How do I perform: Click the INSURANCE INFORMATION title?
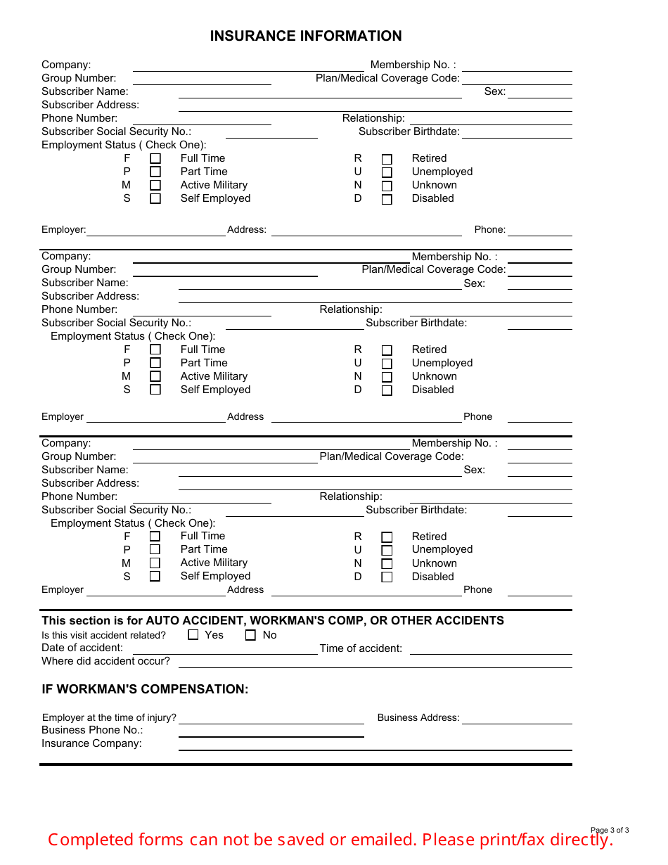coord(306,36)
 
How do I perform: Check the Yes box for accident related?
coord(193,635)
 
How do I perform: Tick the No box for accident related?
coord(250,635)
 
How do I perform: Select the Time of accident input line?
coord(490,649)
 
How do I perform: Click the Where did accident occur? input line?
coord(375,662)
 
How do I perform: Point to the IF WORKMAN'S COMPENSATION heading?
coord(145,689)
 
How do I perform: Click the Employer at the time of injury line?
coord(271,719)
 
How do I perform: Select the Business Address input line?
coord(516,719)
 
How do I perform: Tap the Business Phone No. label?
coord(92,730)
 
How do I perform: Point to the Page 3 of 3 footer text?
coord(609,830)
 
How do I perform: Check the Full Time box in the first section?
coord(155,159)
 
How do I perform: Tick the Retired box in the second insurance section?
coord(387,350)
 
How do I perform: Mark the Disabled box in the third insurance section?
coord(387,577)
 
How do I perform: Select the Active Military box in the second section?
coord(155,377)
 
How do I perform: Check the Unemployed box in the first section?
coord(387,172)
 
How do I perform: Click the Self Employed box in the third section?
coord(155,576)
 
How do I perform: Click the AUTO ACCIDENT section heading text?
coord(273,620)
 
